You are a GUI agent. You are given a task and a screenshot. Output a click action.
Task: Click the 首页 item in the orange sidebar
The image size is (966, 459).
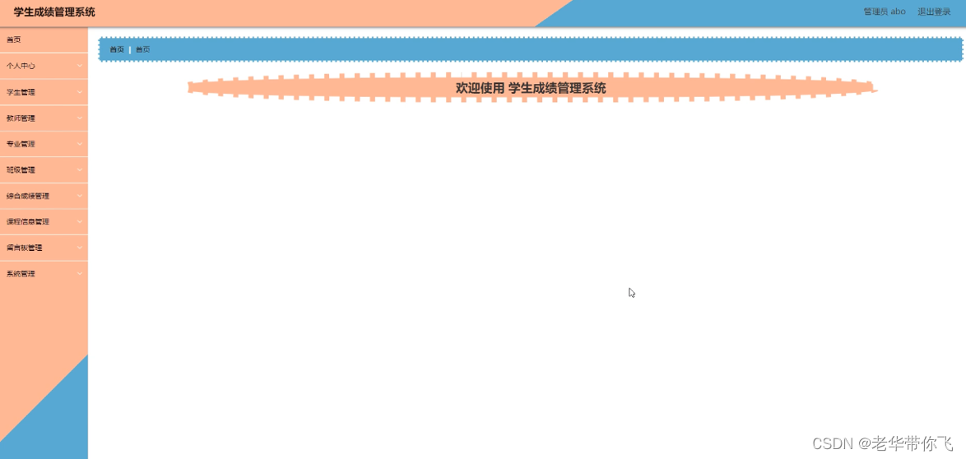14,39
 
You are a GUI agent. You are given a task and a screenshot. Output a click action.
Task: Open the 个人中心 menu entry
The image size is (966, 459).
21,66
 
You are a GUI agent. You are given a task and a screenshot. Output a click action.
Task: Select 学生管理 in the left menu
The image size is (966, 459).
21,92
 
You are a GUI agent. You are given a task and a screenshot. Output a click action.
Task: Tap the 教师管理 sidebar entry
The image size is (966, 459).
21,118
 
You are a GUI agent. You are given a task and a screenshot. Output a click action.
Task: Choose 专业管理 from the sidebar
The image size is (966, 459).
21,144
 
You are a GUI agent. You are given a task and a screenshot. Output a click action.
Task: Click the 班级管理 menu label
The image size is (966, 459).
21,170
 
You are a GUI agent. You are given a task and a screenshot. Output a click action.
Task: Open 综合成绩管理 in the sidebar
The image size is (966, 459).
28,197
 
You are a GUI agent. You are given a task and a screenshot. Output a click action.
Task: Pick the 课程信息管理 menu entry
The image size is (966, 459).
28,222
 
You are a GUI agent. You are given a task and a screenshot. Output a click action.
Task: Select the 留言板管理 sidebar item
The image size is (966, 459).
25,248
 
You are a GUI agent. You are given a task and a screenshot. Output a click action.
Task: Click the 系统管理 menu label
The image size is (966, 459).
21,274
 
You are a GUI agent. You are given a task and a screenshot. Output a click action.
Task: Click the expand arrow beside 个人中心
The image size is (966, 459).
80,66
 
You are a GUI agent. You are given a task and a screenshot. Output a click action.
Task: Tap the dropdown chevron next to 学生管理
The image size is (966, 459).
80,92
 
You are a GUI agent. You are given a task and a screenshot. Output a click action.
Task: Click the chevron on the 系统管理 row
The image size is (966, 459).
80,274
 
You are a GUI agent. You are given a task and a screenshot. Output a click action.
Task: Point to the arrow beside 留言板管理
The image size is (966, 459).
80,248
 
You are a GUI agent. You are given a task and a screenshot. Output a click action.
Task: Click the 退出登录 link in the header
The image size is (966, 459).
934,12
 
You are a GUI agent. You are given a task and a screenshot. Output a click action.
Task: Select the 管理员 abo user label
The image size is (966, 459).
885,12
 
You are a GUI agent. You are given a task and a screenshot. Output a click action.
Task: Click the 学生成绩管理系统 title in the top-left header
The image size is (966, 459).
54,12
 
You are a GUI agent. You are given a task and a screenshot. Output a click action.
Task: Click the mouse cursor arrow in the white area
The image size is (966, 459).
631,292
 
